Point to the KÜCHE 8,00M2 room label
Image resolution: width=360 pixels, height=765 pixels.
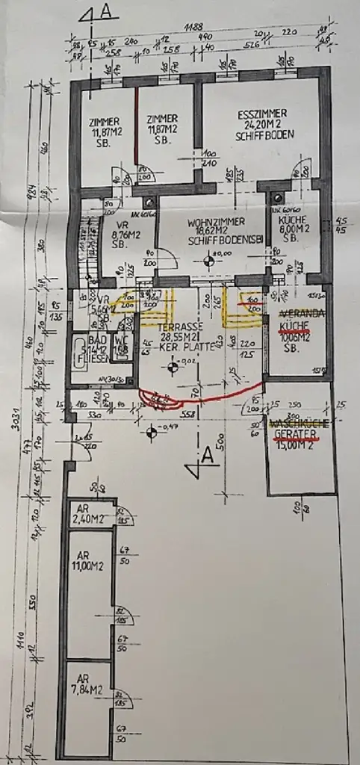click(291, 226)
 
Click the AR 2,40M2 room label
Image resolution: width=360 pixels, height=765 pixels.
click(83, 514)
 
